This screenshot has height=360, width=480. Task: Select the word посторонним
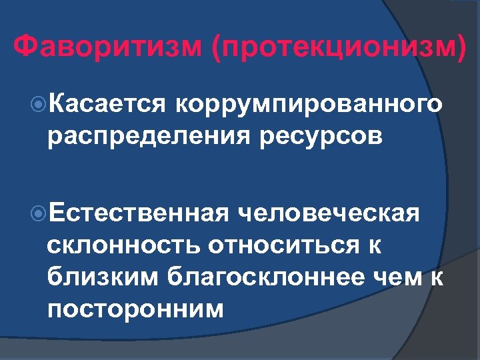(x=136, y=308)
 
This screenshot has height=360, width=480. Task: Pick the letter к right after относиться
(x=375, y=245)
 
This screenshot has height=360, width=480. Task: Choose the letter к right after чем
(x=437, y=276)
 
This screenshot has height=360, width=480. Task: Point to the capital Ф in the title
(x=25, y=48)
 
